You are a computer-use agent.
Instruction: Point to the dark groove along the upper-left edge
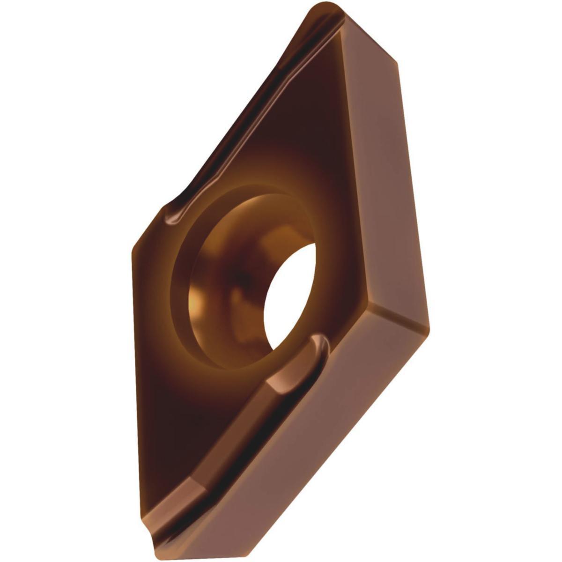coord(244,117)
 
